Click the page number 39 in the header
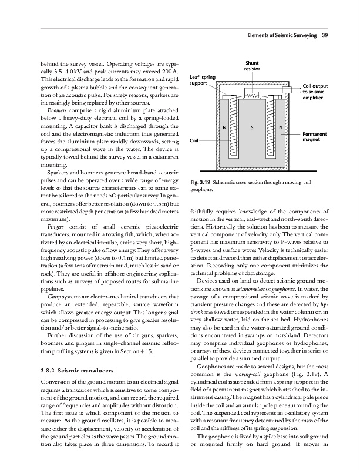[325, 23]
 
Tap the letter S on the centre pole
[251, 129]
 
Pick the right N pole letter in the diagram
[280, 129]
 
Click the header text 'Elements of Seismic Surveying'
[278, 23]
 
